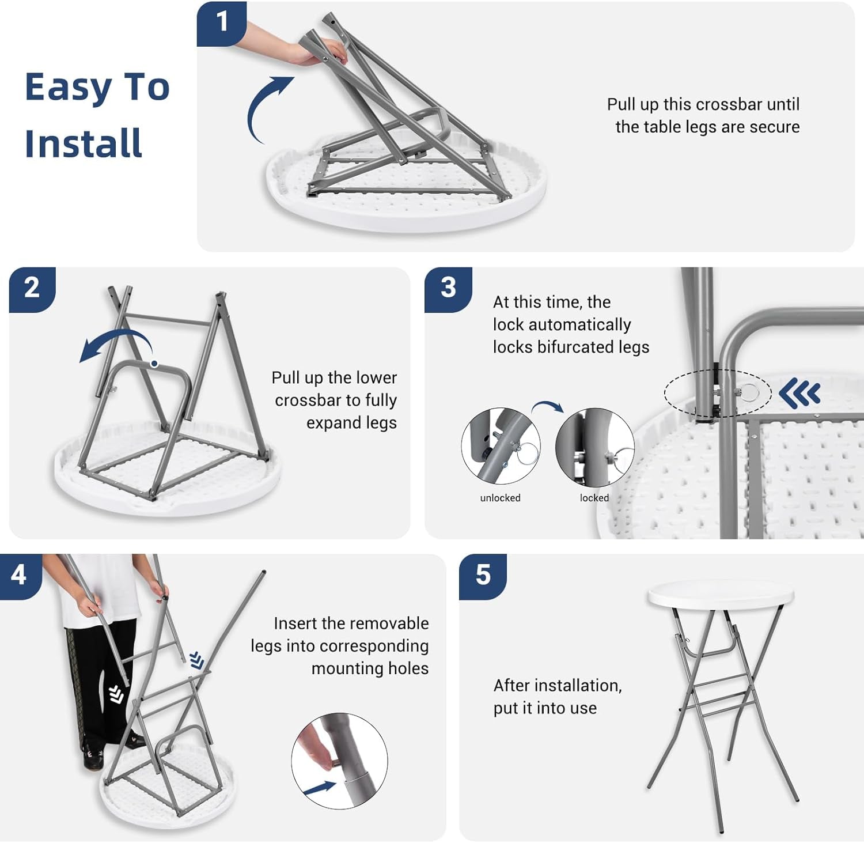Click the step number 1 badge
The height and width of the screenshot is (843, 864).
pyautogui.click(x=222, y=23)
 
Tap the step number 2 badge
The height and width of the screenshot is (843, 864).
pyautogui.click(x=32, y=289)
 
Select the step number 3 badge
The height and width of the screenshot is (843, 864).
pyautogui.click(x=448, y=289)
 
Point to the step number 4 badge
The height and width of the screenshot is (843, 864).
pyautogui.click(x=19, y=576)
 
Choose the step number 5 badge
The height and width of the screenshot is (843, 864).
pyautogui.click(x=483, y=576)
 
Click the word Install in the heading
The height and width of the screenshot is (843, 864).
pyautogui.click(x=84, y=143)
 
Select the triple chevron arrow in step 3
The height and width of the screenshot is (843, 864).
pyautogui.click(x=799, y=394)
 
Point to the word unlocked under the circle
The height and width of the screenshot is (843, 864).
pyautogui.click(x=500, y=498)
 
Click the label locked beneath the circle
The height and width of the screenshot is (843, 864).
pyautogui.click(x=594, y=498)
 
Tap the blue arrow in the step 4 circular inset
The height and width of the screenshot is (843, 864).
pyautogui.click(x=320, y=787)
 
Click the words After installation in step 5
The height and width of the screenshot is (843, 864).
pyautogui.click(x=558, y=686)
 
